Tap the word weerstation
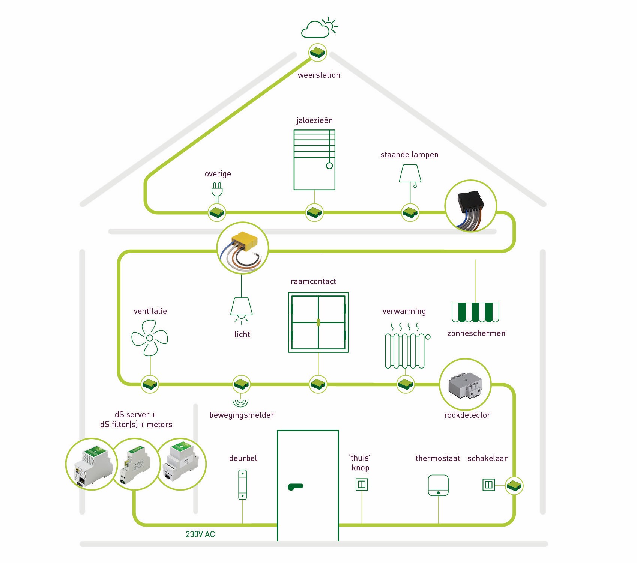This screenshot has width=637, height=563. [319, 75]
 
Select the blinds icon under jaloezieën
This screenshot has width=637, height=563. [314, 160]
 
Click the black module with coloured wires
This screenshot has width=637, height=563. [470, 206]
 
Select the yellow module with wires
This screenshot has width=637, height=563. [243, 248]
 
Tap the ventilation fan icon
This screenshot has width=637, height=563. [150, 338]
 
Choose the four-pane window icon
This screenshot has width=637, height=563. [318, 322]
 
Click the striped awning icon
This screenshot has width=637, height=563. [475, 312]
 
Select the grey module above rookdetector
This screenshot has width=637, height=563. [465, 385]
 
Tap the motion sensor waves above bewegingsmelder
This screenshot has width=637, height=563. [240, 402]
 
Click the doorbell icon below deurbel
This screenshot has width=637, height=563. [243, 485]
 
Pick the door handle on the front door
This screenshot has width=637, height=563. [295, 487]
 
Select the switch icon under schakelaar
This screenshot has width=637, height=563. [488, 485]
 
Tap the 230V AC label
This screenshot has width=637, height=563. [200, 534]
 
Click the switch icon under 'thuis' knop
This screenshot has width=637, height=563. [362, 485]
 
